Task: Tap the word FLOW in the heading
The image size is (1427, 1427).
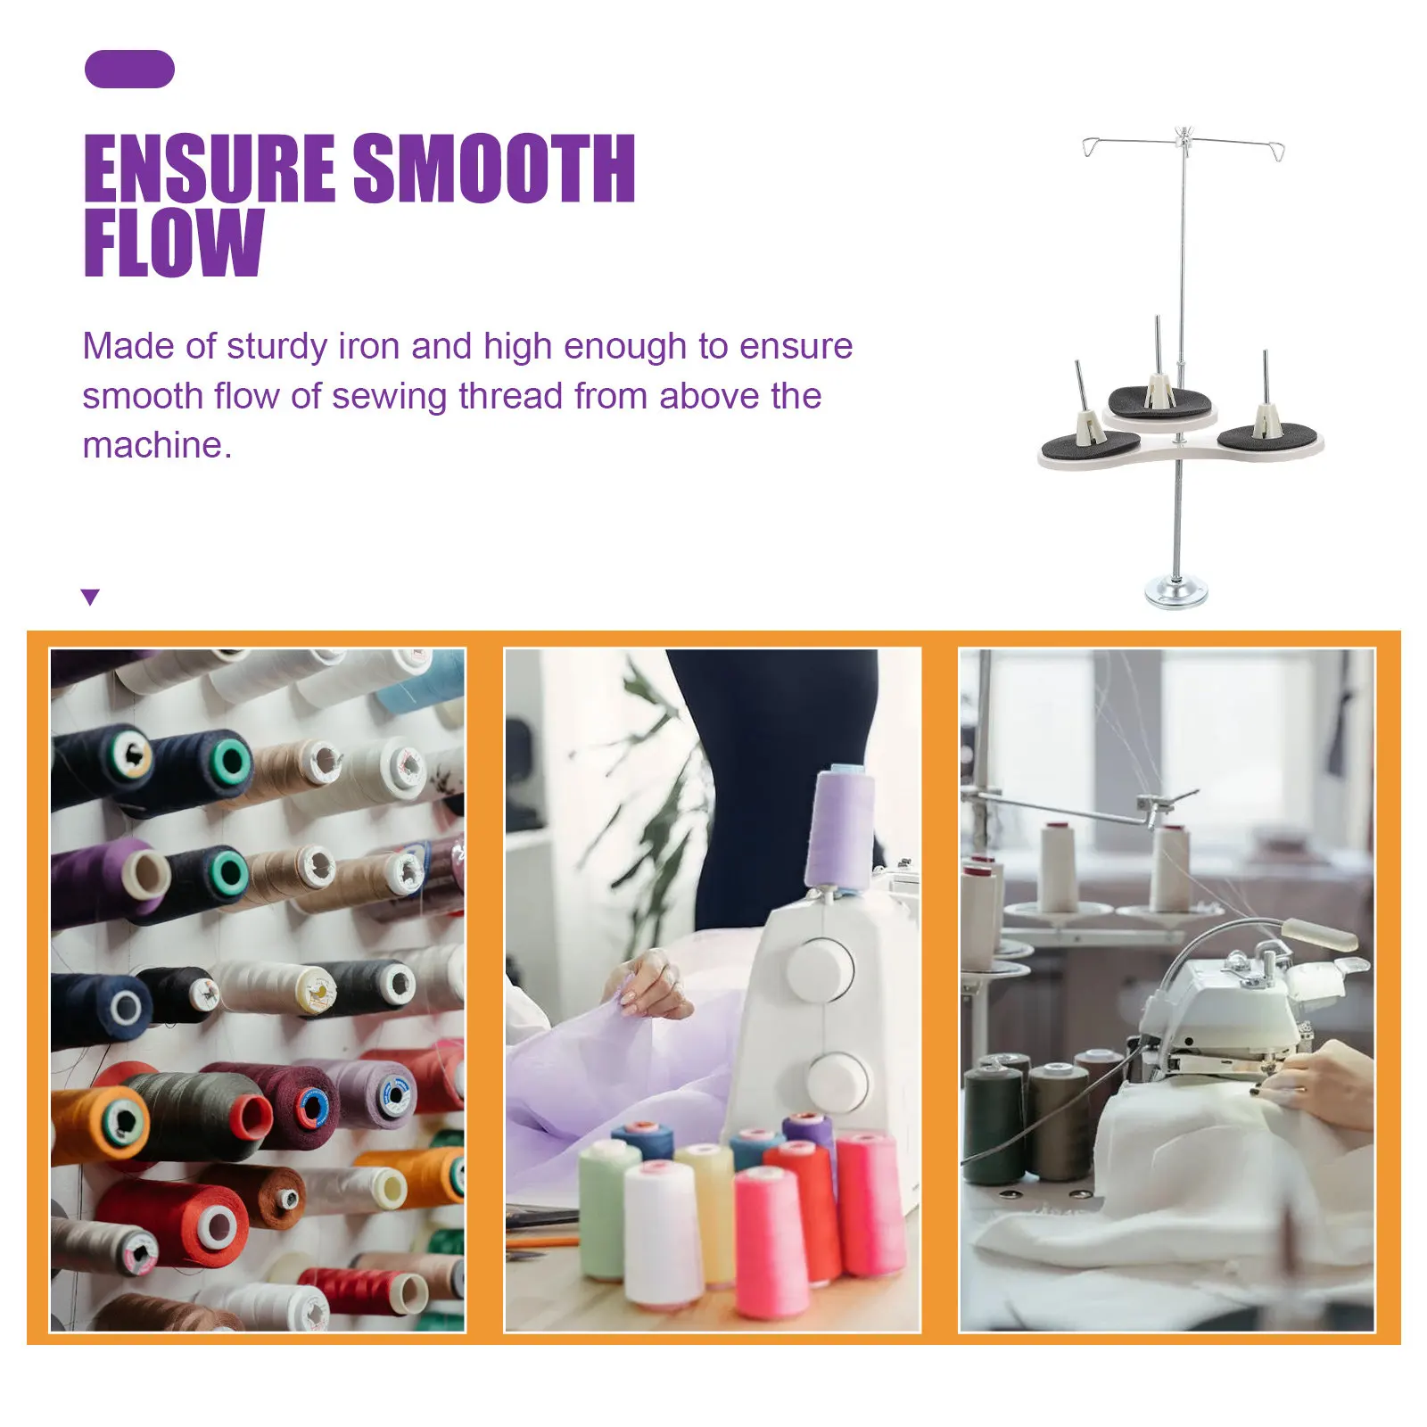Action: click(174, 243)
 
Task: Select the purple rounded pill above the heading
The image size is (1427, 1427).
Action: click(129, 70)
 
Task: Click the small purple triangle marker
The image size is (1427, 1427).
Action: click(90, 597)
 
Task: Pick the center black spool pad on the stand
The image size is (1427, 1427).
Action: click(1159, 399)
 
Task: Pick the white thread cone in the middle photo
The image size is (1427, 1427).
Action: click(662, 1233)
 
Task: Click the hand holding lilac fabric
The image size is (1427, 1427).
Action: click(649, 986)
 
